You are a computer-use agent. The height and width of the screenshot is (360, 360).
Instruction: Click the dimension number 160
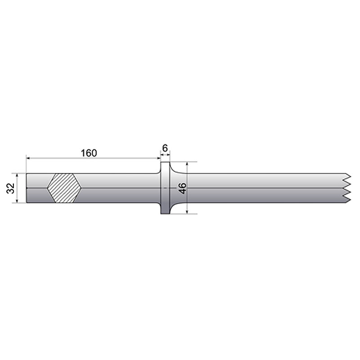(x=89, y=153)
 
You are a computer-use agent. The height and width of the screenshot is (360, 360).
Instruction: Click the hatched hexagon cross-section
(x=64, y=188)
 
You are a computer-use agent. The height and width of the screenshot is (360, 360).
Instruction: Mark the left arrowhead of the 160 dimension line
(x=28, y=158)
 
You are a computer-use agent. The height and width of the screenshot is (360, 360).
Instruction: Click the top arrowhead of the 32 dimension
(x=18, y=175)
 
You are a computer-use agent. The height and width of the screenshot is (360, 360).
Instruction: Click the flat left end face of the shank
(x=26, y=188)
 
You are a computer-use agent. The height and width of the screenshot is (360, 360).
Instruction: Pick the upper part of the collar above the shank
(x=166, y=168)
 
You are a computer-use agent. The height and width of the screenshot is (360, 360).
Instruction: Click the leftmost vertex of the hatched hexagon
(x=47, y=188)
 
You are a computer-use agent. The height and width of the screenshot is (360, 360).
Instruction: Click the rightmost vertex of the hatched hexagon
(x=81, y=188)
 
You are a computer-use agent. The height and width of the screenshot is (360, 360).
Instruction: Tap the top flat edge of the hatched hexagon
(x=64, y=174)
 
